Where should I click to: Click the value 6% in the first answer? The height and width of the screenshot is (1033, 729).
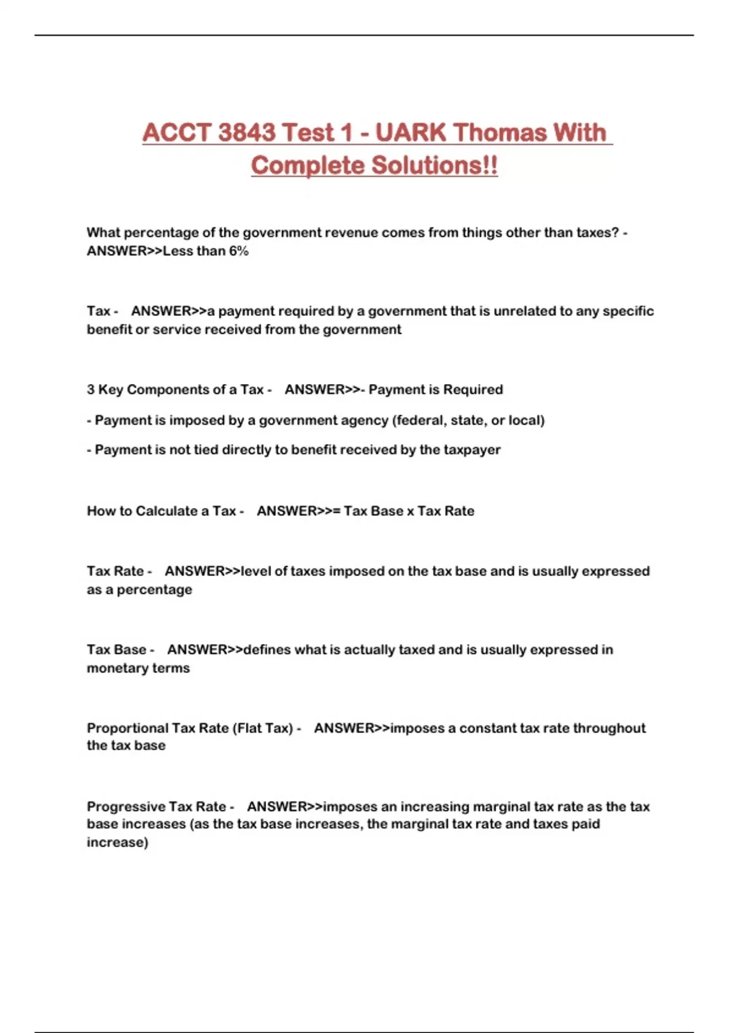click(238, 251)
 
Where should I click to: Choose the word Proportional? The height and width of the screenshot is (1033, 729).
click(127, 728)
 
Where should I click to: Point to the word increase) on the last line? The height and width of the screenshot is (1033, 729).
click(117, 843)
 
